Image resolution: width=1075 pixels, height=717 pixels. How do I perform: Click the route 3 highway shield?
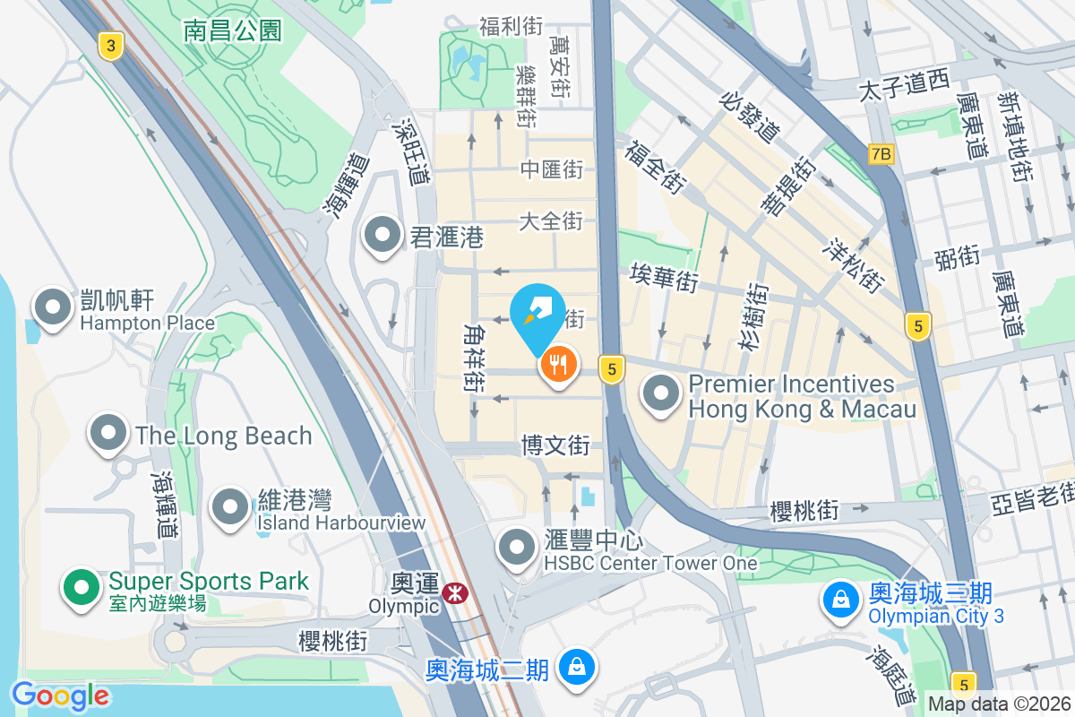110,46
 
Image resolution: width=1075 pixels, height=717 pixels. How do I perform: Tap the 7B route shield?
881,154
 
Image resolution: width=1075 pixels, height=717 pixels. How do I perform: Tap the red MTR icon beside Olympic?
455,592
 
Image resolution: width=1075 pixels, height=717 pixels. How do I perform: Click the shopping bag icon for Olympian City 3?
842,600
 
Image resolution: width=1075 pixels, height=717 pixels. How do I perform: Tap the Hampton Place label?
147,324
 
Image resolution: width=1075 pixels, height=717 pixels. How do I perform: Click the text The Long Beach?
223,436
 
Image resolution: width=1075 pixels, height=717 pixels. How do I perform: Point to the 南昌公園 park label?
233,32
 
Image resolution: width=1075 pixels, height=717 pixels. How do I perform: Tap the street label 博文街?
556,444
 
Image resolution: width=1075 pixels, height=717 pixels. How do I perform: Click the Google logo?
60,695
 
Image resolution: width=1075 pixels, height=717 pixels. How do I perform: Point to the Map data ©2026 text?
998,704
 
